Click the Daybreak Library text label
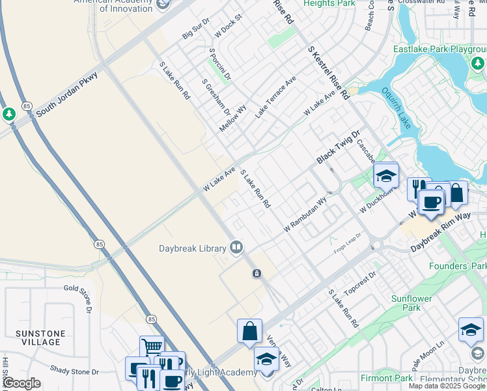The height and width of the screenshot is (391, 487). tap(191, 248)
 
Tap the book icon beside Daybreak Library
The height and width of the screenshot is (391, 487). tap(236, 247)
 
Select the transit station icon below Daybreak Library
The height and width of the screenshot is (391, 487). tap(257, 273)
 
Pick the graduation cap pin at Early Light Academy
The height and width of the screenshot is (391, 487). tap(266, 359)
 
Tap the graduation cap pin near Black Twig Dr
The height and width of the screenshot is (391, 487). tap(385, 175)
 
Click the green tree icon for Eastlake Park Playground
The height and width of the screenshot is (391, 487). tap(478, 63)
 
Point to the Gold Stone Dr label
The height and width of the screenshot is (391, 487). tap(81, 287)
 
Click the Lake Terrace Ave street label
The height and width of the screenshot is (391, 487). tap(275, 97)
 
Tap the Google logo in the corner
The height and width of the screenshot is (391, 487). tap(21, 383)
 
